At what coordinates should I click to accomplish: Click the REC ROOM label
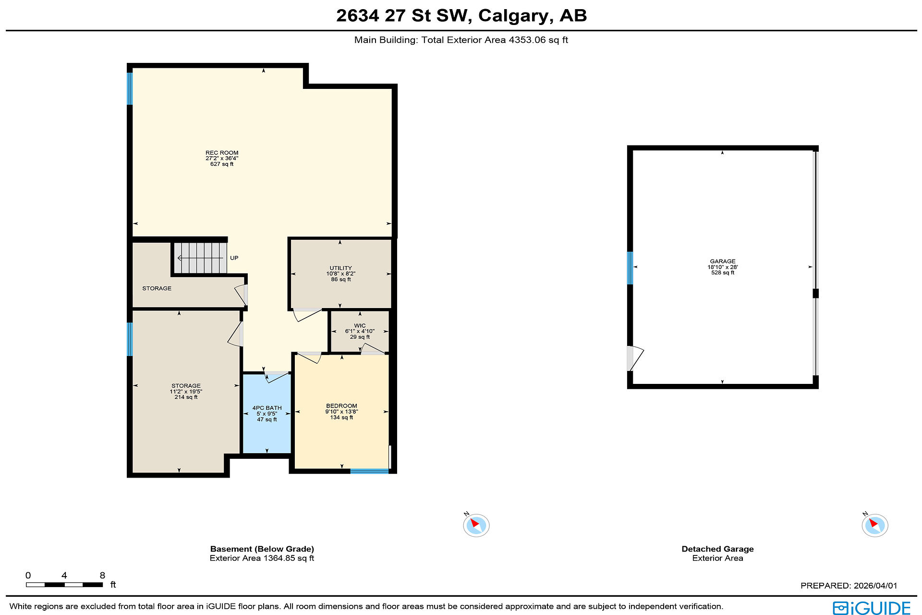pyautogui.click(x=222, y=153)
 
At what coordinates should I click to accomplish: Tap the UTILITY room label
pyautogui.click(x=341, y=268)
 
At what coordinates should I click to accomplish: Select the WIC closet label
pyautogui.click(x=360, y=326)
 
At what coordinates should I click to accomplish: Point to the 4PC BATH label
pyautogui.click(x=267, y=408)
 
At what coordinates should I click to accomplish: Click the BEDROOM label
pyautogui.click(x=341, y=406)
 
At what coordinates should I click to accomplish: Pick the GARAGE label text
pyautogui.click(x=723, y=261)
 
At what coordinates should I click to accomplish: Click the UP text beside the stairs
pyautogui.click(x=234, y=258)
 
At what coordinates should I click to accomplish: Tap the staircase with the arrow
pyautogui.click(x=200, y=258)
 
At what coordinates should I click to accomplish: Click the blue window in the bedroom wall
pyautogui.click(x=369, y=471)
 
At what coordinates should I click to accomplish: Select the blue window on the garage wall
pyautogui.click(x=630, y=268)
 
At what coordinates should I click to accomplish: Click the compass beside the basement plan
pyautogui.click(x=476, y=525)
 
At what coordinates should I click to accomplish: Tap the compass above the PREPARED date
pyautogui.click(x=874, y=525)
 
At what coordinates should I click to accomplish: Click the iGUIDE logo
pyautogui.click(x=872, y=608)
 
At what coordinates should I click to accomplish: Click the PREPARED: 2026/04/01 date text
pyautogui.click(x=849, y=586)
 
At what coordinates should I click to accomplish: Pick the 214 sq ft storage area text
pyautogui.click(x=186, y=397)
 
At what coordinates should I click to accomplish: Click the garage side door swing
pyautogui.click(x=635, y=358)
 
